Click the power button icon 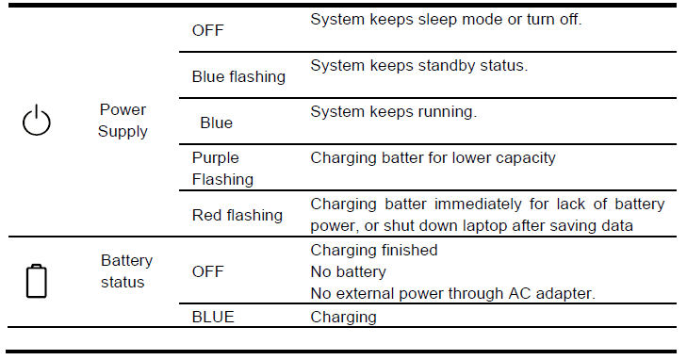36,121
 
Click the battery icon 36,281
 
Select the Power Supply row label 123,121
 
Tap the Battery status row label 126,270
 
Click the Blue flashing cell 238,76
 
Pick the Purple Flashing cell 222,168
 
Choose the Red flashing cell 237,215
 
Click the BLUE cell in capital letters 213,318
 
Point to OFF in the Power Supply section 207,30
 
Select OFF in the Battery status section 207,271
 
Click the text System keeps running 394,111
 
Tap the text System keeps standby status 418,66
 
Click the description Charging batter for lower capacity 433,157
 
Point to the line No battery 347,271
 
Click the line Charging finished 373,250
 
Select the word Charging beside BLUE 343,318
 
